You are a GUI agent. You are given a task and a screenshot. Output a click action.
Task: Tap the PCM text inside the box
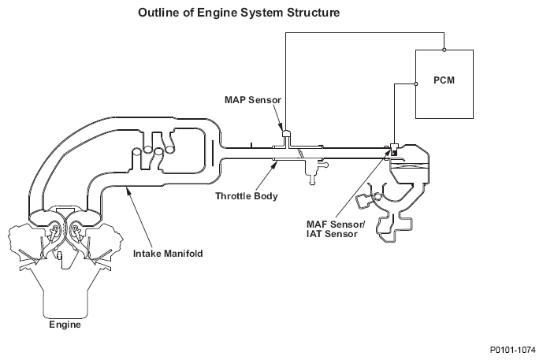[x=444, y=80]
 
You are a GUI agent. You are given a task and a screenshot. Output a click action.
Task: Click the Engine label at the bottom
[x=65, y=323]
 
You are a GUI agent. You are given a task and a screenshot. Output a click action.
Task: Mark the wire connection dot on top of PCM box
[x=444, y=50]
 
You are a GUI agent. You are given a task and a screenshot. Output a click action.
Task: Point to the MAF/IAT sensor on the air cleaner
[x=392, y=148]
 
